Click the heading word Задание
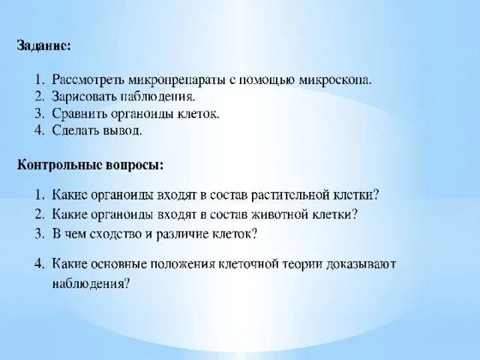tap(44, 46)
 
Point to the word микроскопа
tap(336, 79)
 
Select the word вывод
tap(124, 130)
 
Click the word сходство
tap(118, 232)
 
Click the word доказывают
tap(362, 264)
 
